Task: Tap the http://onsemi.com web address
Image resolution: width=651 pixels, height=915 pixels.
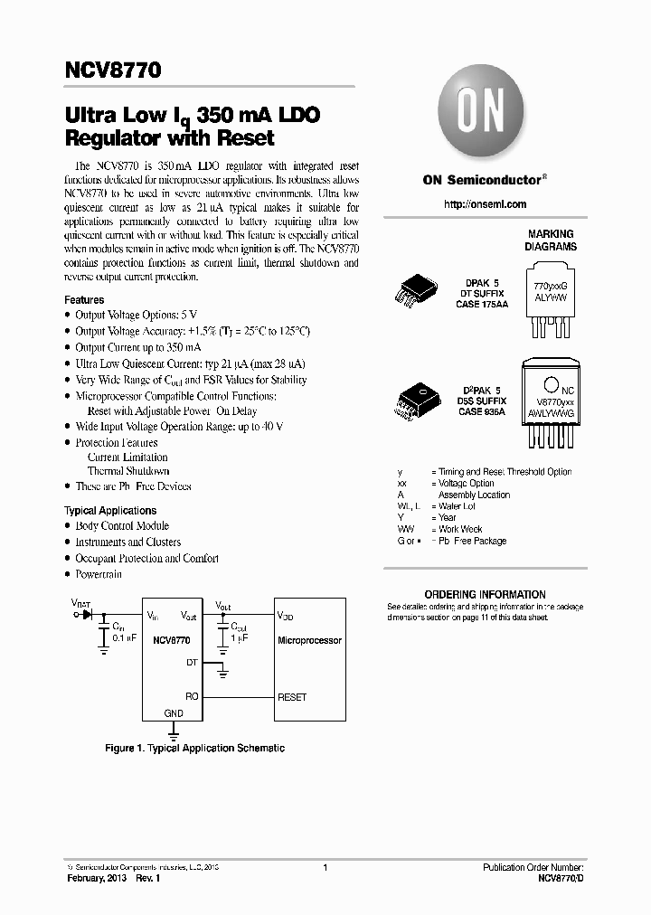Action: coord(485,204)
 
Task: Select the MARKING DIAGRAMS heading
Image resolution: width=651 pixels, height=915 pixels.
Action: coord(552,240)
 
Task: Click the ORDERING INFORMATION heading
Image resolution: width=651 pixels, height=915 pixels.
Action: coord(485,594)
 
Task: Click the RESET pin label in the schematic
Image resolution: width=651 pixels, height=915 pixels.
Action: coord(292,697)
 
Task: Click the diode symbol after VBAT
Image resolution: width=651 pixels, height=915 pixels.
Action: coord(88,614)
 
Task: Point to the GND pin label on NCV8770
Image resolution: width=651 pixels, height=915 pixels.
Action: coord(174,713)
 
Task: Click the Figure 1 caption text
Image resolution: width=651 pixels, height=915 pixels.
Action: coord(194,748)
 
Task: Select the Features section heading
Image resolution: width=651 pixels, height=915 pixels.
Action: coord(84,299)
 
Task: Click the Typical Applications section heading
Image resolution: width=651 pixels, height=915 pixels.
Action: coord(110,511)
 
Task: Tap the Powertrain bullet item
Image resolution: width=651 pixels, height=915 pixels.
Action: coord(99,574)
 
